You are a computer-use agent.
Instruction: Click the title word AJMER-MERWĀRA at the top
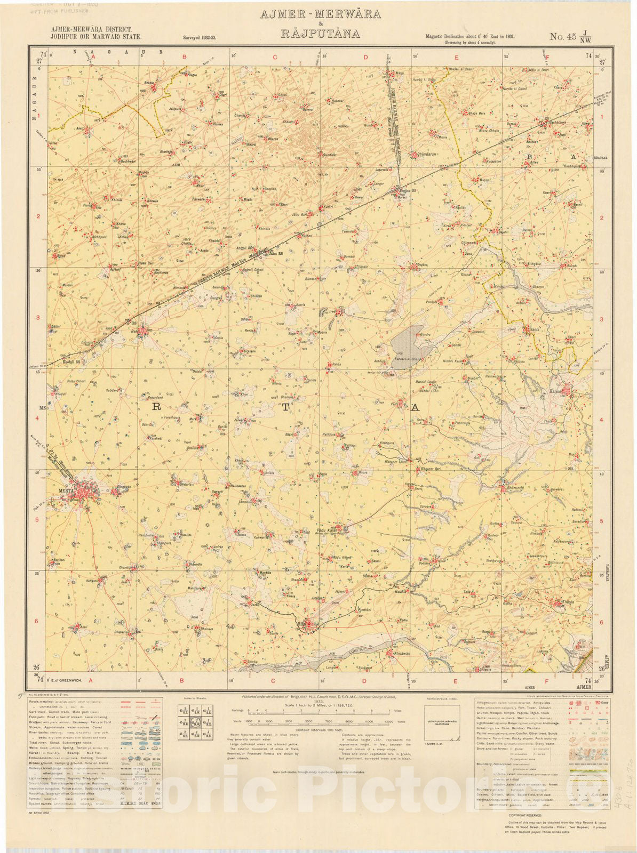click(x=320, y=14)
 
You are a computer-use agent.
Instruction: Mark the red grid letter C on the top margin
click(x=276, y=57)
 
